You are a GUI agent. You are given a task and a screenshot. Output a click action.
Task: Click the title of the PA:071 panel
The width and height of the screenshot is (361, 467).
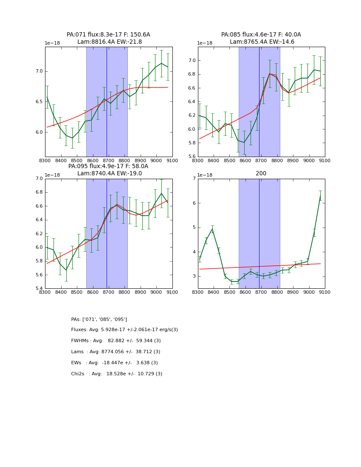coord(108,38)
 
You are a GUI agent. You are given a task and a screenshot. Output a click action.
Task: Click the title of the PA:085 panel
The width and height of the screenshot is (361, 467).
coord(261,38)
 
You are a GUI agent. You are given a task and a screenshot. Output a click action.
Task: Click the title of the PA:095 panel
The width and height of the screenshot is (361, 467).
coord(108,170)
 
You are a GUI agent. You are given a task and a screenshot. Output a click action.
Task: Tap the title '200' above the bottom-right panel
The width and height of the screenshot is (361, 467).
coord(261,173)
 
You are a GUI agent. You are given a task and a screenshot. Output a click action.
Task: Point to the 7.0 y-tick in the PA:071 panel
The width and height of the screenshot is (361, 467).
coord(39,71)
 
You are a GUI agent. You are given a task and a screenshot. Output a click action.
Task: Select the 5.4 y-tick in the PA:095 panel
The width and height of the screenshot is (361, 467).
coord(39,289)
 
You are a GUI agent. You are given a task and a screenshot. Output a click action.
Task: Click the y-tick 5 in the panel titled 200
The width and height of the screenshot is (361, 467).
coord(194,228)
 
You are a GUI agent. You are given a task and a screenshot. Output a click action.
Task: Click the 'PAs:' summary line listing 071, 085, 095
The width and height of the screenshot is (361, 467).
coord(99,319)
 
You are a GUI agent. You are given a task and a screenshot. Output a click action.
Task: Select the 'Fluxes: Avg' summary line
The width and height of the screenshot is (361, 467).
coord(124,330)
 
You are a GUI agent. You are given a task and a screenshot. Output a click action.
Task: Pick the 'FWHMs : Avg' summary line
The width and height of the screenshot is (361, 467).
coord(116,341)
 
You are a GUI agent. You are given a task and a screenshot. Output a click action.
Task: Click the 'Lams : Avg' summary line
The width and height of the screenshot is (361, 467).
coord(116,352)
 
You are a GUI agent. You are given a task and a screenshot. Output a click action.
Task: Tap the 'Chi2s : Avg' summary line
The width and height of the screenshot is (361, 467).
coord(116,374)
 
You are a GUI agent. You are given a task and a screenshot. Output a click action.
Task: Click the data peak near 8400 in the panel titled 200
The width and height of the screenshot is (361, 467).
coord(212,229)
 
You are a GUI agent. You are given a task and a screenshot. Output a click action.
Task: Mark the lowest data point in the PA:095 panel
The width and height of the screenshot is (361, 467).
coord(66,270)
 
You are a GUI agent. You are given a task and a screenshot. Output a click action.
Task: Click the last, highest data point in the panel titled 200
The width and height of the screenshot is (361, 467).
coord(320,196)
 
